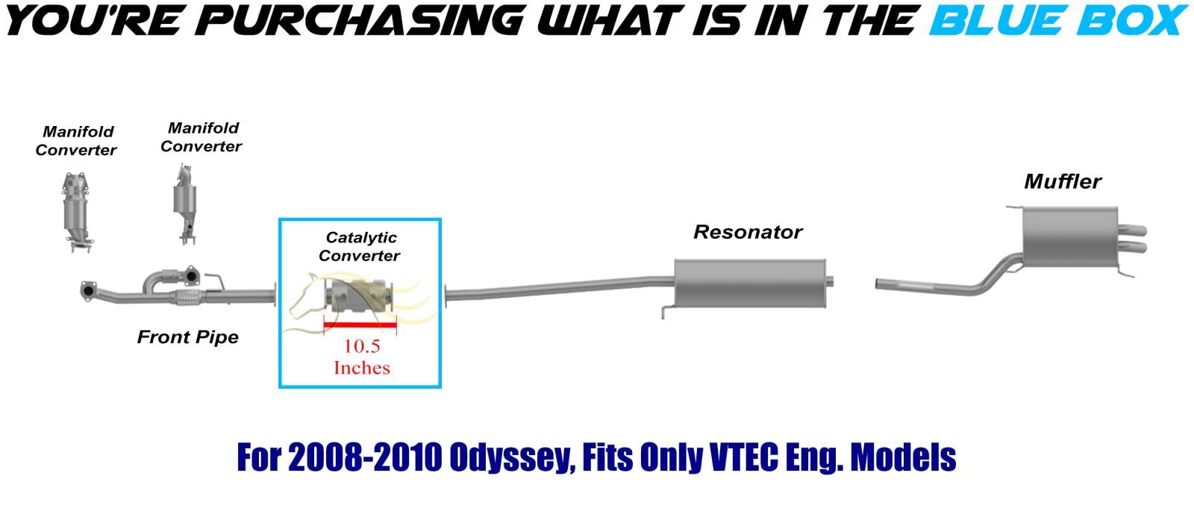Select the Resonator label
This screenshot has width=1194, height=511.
(x=747, y=232)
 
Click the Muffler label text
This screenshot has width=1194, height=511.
(x=1063, y=182)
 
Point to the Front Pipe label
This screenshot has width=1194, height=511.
(x=187, y=336)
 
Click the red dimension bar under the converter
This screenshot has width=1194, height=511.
(x=360, y=324)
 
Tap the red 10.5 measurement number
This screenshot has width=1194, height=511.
(x=362, y=346)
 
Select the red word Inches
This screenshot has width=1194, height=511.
(x=362, y=368)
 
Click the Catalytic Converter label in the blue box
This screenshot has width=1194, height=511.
(x=360, y=246)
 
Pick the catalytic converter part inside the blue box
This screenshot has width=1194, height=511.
(x=360, y=295)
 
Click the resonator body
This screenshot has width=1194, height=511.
(x=750, y=283)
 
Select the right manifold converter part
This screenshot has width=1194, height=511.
(x=185, y=205)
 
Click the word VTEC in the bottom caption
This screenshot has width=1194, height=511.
(x=743, y=457)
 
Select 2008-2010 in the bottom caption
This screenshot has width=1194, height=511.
(x=365, y=457)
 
